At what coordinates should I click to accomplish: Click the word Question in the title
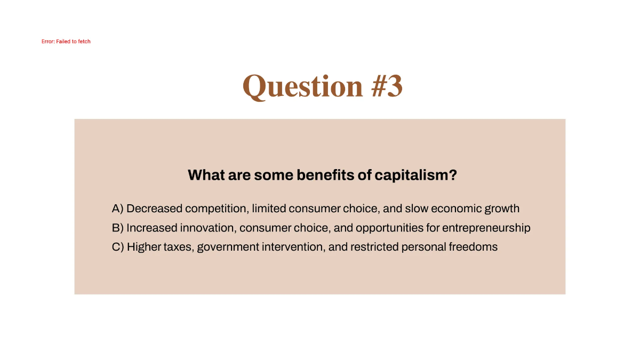tap(302, 86)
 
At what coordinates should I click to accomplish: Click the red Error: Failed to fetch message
tap(66, 42)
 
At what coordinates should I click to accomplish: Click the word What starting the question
tap(206, 175)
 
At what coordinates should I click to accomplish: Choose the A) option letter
tap(117, 209)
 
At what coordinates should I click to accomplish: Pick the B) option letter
tap(117, 228)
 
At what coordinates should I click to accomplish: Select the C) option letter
tap(118, 247)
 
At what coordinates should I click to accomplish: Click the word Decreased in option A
tap(154, 209)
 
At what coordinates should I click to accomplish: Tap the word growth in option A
tap(502, 209)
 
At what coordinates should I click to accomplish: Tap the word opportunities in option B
tap(389, 228)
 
